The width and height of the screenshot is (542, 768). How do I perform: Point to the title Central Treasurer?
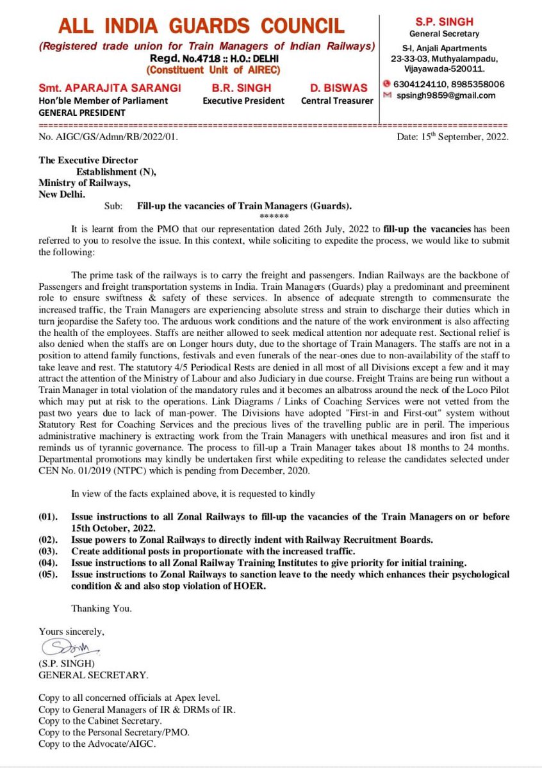point(337,100)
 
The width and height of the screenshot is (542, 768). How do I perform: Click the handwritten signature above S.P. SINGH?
point(62,644)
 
